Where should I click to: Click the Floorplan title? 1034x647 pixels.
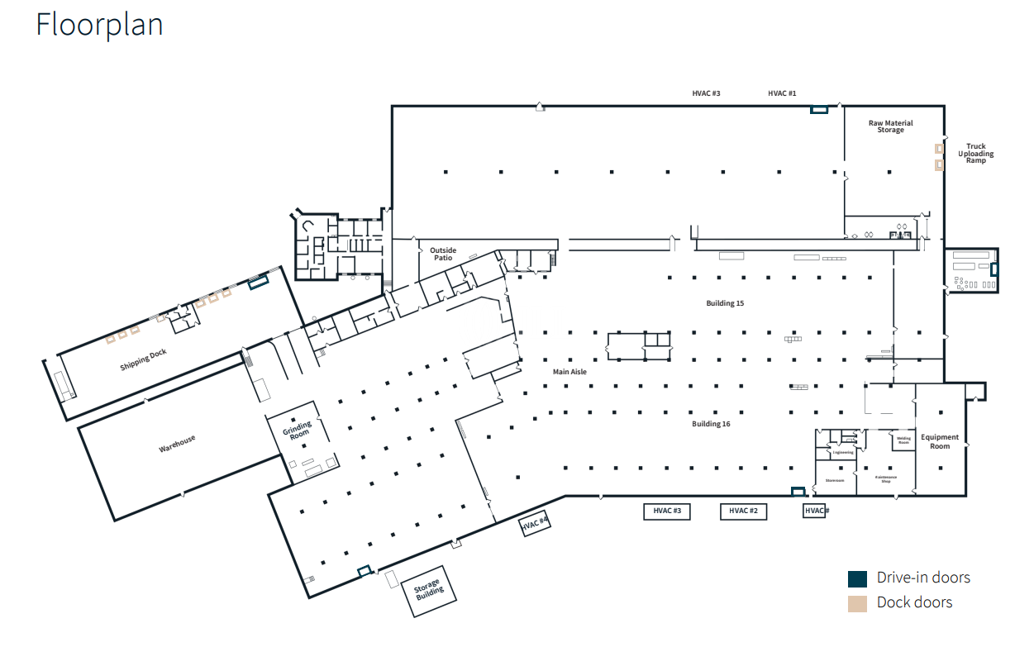click(99, 25)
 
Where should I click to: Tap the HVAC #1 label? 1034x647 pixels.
click(782, 93)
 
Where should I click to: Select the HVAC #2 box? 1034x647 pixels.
click(744, 511)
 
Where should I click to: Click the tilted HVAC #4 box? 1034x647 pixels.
click(535, 524)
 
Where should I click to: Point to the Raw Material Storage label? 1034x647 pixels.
click(890, 126)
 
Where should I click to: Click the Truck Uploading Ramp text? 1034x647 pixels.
click(976, 154)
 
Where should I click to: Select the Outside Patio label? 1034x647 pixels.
click(442, 255)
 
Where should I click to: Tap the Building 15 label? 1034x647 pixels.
click(725, 303)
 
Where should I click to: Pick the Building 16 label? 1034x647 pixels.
click(711, 424)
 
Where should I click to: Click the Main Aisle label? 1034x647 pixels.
click(569, 372)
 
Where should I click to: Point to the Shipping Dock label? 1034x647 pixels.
click(144, 359)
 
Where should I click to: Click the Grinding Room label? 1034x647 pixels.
click(298, 430)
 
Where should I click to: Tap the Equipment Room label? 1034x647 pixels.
click(940, 442)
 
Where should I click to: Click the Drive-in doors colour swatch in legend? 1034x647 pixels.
click(857, 578)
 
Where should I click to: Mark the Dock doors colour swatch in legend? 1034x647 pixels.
click(857, 603)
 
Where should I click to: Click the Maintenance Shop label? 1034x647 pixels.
click(885, 479)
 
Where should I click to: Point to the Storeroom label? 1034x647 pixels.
click(835, 480)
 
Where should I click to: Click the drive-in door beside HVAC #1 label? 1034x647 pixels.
click(819, 109)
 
